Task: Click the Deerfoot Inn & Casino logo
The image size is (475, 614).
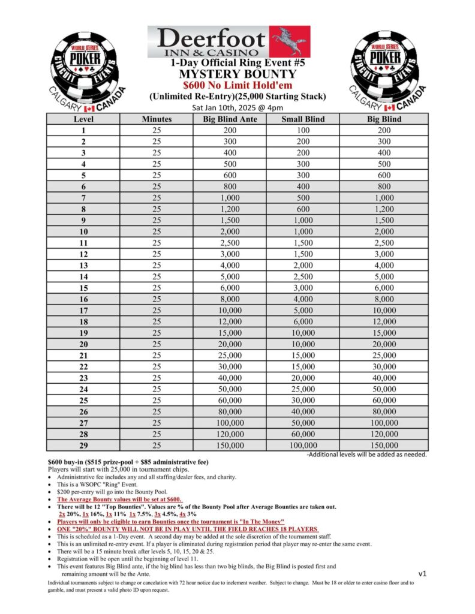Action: pyautogui.click(x=229, y=41)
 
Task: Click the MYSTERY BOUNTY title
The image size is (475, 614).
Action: pyautogui.click(x=237, y=74)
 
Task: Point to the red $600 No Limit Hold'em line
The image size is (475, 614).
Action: pyautogui.click(x=237, y=86)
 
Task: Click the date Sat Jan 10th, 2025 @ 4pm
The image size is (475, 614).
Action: pyautogui.click(x=237, y=108)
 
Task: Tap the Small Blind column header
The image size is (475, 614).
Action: pyautogui.click(x=303, y=119)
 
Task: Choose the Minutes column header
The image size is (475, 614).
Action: pyautogui.click(x=157, y=119)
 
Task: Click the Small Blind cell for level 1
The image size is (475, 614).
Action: pyautogui.click(x=303, y=130)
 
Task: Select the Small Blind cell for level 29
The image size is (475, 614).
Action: pyautogui.click(x=303, y=446)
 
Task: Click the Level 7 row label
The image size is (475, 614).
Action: pyautogui.click(x=83, y=198)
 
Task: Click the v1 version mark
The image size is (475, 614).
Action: pyautogui.click(x=422, y=574)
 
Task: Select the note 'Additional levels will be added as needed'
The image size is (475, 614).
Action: pyautogui.click(x=366, y=455)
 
